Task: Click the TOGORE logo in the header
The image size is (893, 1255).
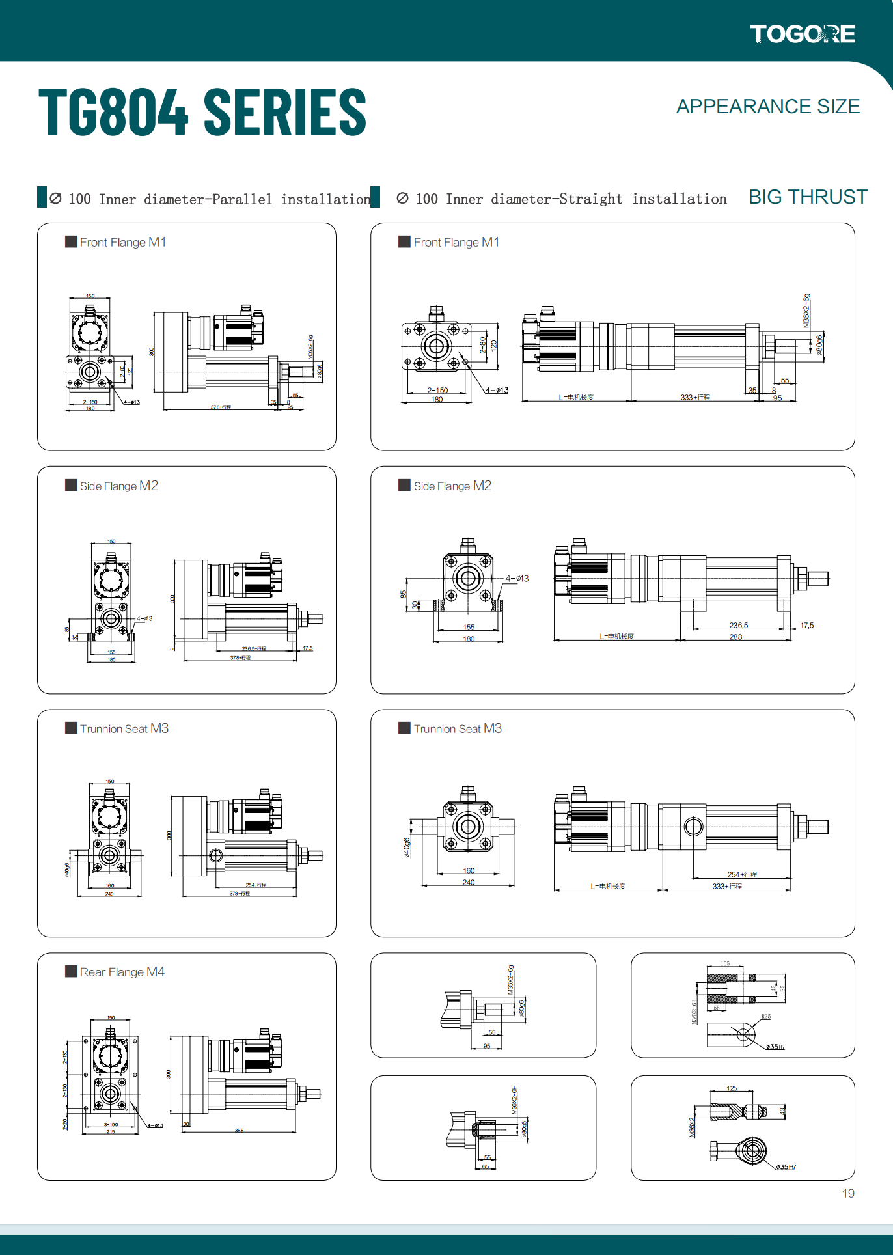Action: point(802,34)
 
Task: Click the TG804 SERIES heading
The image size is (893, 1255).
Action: point(202,113)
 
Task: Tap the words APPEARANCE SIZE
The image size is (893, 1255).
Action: point(767,107)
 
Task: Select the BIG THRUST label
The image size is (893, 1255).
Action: point(808,197)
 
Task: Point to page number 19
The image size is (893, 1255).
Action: point(848,1193)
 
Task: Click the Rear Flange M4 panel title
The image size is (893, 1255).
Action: point(122,972)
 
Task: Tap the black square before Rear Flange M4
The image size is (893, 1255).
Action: point(71,971)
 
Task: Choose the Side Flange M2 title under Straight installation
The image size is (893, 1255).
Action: point(452,486)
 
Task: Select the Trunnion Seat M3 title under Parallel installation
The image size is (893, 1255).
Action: point(124,728)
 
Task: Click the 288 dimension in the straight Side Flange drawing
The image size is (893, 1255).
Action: point(735,637)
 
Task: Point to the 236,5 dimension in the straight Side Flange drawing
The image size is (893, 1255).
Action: point(738,625)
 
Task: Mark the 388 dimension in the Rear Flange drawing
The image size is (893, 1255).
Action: point(239,1131)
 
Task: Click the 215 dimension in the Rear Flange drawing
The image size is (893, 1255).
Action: point(111,1132)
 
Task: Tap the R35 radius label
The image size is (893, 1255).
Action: point(766,1017)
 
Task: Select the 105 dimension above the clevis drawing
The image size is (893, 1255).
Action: point(725,964)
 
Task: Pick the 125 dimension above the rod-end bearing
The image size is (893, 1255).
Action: point(732,1088)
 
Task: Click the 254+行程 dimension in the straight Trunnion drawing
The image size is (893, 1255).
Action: point(742,874)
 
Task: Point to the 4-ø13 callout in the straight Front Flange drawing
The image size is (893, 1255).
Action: point(497,391)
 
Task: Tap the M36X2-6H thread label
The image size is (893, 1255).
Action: point(514,1100)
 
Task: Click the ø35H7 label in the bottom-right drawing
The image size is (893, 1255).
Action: point(786,1167)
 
